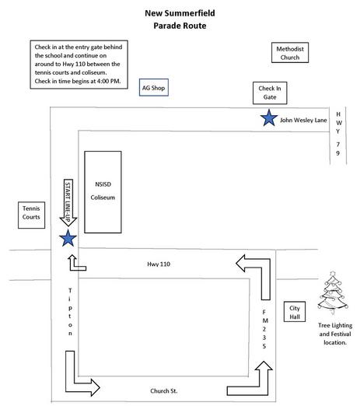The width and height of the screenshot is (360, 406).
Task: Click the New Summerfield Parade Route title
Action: [180, 19]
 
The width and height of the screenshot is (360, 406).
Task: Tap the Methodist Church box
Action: [290, 53]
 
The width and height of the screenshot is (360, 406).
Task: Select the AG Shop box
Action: [154, 88]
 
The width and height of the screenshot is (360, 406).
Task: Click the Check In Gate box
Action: [270, 93]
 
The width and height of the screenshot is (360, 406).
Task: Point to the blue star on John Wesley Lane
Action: [269, 118]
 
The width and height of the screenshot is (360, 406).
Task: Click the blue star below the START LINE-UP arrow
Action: [68, 238]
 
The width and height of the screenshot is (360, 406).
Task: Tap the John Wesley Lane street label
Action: [303, 120]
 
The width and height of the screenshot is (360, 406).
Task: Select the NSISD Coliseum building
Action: [103, 192]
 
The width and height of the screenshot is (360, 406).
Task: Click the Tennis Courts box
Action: [31, 215]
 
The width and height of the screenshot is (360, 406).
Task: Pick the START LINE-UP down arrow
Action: [68, 202]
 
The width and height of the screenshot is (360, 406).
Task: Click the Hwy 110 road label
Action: [159, 264]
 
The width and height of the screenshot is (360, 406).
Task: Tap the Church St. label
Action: [164, 390]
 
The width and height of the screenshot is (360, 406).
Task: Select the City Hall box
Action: [295, 312]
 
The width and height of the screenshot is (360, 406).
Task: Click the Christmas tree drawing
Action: [333, 293]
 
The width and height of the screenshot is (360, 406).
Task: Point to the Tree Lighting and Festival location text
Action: [335, 334]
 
